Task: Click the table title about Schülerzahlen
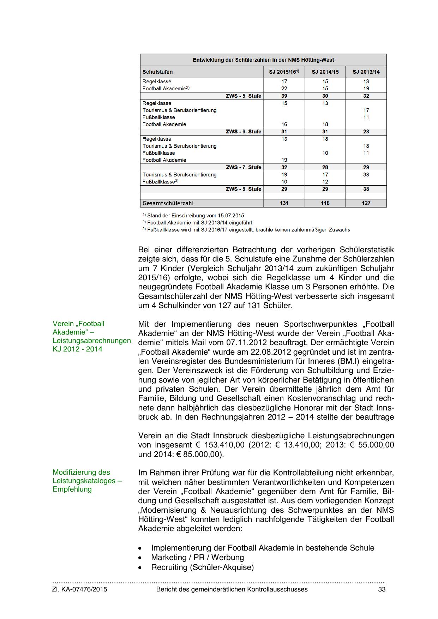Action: (263, 60)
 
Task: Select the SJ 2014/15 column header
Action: (325, 72)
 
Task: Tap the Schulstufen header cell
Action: (158, 72)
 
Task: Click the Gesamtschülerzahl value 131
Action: (284, 203)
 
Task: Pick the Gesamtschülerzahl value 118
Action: (325, 203)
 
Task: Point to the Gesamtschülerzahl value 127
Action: (366, 203)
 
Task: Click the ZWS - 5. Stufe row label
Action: (244, 96)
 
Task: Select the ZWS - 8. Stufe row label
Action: (244, 189)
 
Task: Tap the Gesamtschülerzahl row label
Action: (168, 203)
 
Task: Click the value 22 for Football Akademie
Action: (284, 89)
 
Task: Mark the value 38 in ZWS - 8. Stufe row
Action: (366, 189)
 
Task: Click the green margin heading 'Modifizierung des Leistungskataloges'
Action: (87, 481)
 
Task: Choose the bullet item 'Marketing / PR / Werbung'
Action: (197, 558)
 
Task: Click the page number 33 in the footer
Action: (382, 589)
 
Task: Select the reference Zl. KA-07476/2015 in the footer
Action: (80, 589)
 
